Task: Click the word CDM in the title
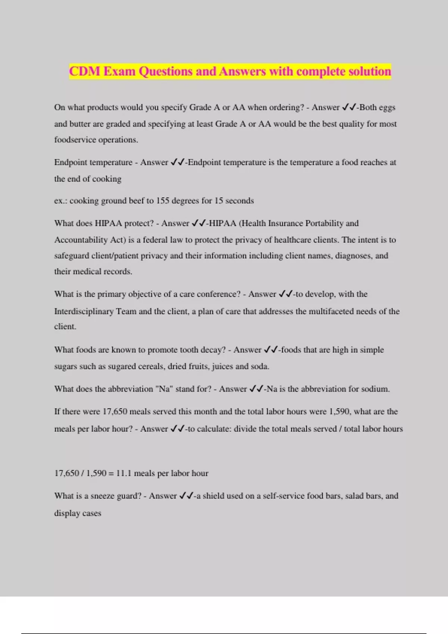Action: (x=85, y=71)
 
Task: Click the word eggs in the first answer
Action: (x=387, y=107)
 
